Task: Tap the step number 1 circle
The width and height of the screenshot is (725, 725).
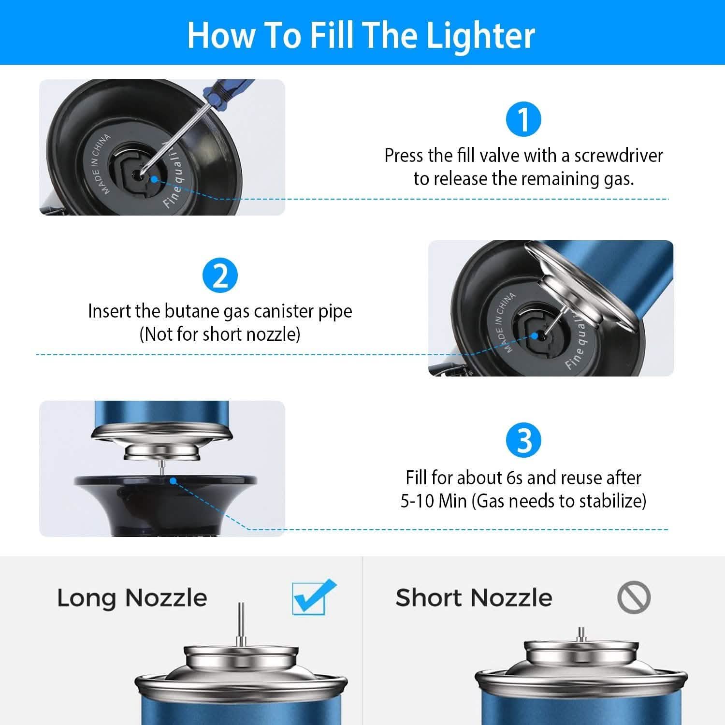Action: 523,119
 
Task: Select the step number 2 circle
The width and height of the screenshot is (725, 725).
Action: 220,275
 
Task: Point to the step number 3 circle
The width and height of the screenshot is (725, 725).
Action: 523,440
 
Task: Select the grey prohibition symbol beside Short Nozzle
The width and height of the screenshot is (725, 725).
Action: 634,597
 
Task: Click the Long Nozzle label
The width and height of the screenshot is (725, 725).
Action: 132,598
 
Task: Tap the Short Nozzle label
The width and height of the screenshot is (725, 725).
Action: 474,598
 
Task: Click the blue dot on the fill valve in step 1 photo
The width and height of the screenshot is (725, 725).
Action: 154,179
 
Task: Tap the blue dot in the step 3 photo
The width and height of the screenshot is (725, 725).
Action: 173,480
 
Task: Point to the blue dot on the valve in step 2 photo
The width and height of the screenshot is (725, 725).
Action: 534,335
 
